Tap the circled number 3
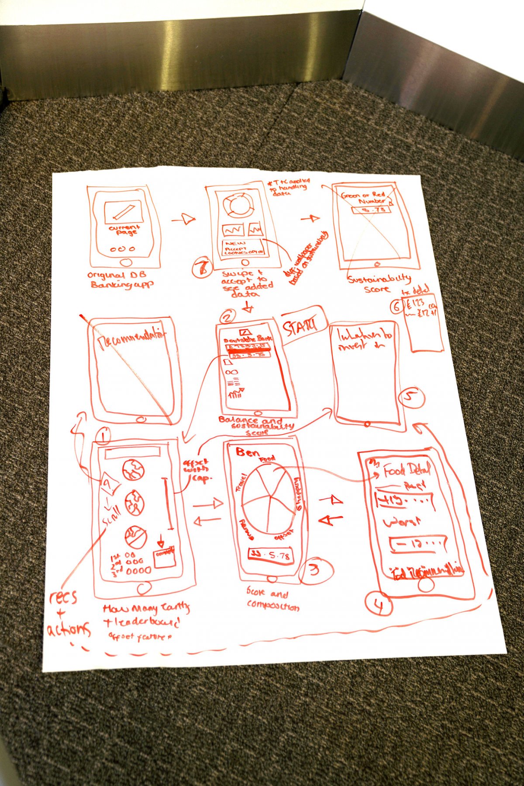tap(315, 569)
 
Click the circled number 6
tap(396, 307)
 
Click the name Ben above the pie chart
tap(247, 452)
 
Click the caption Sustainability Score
tap(379, 283)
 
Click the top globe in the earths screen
tap(133, 470)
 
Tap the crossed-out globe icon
tap(136, 536)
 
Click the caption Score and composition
tap(272, 600)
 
